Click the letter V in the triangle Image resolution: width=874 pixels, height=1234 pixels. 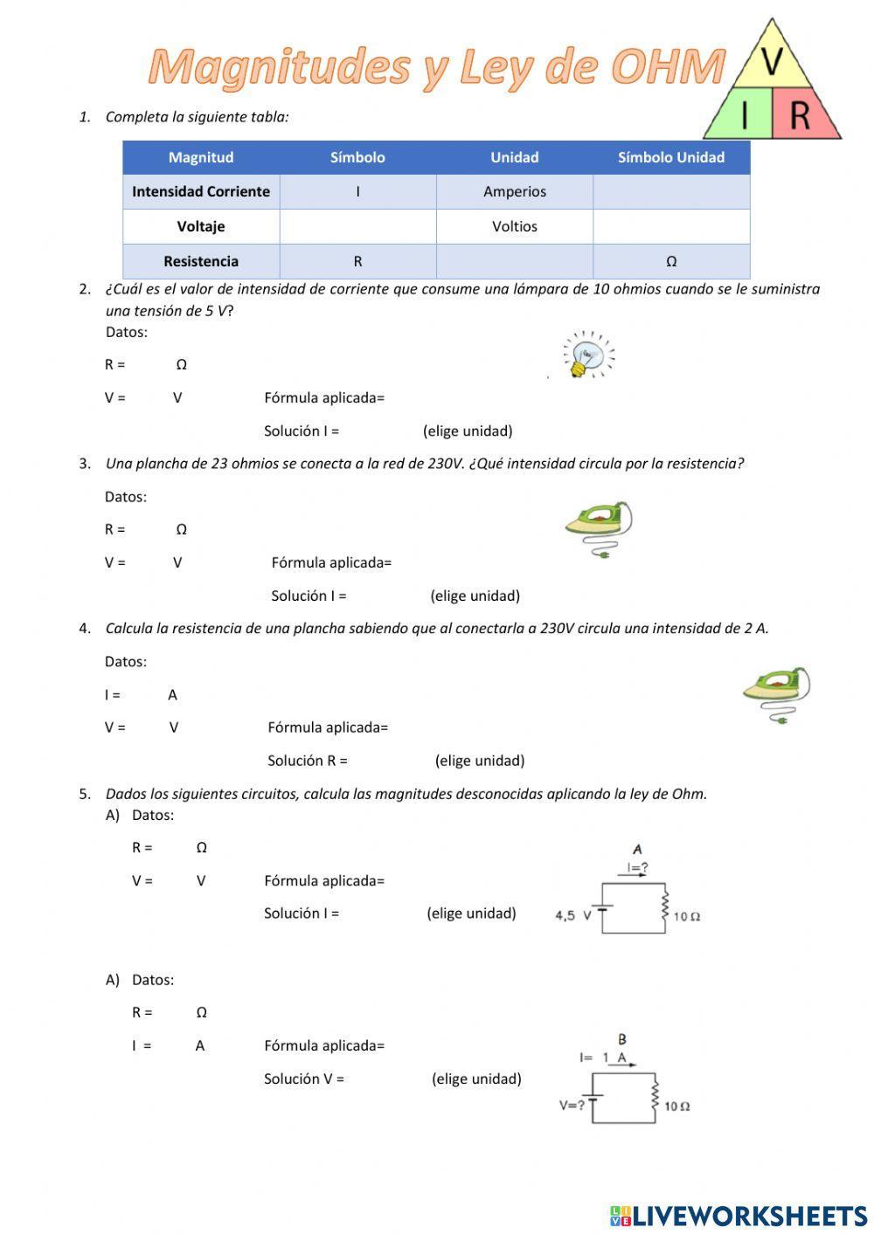(772, 61)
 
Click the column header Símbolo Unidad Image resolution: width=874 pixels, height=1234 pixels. (670, 157)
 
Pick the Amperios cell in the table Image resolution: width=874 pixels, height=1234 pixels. (514, 191)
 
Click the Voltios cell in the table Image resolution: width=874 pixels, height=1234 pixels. (514, 226)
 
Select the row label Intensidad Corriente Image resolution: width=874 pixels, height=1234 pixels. (200, 191)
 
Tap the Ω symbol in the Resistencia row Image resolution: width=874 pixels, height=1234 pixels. (670, 261)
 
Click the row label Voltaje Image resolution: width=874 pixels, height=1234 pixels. (200, 226)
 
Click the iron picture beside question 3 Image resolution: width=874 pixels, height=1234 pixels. (599, 527)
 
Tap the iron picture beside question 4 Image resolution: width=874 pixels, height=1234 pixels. (777, 693)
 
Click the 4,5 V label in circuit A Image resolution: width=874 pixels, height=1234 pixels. (573, 915)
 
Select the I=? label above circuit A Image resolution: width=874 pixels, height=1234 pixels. (637, 868)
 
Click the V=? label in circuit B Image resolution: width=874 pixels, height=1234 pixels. (572, 1105)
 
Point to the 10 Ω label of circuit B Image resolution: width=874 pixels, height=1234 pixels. (677, 1106)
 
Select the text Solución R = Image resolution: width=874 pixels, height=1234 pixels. (307, 761)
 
